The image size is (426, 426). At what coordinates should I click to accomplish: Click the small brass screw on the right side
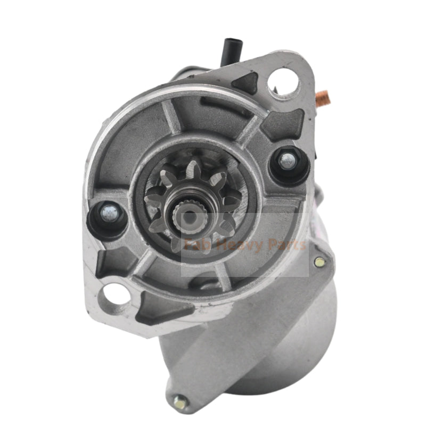tap(318, 261)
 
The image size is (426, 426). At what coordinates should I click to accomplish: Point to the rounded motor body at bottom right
tap(298, 341)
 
